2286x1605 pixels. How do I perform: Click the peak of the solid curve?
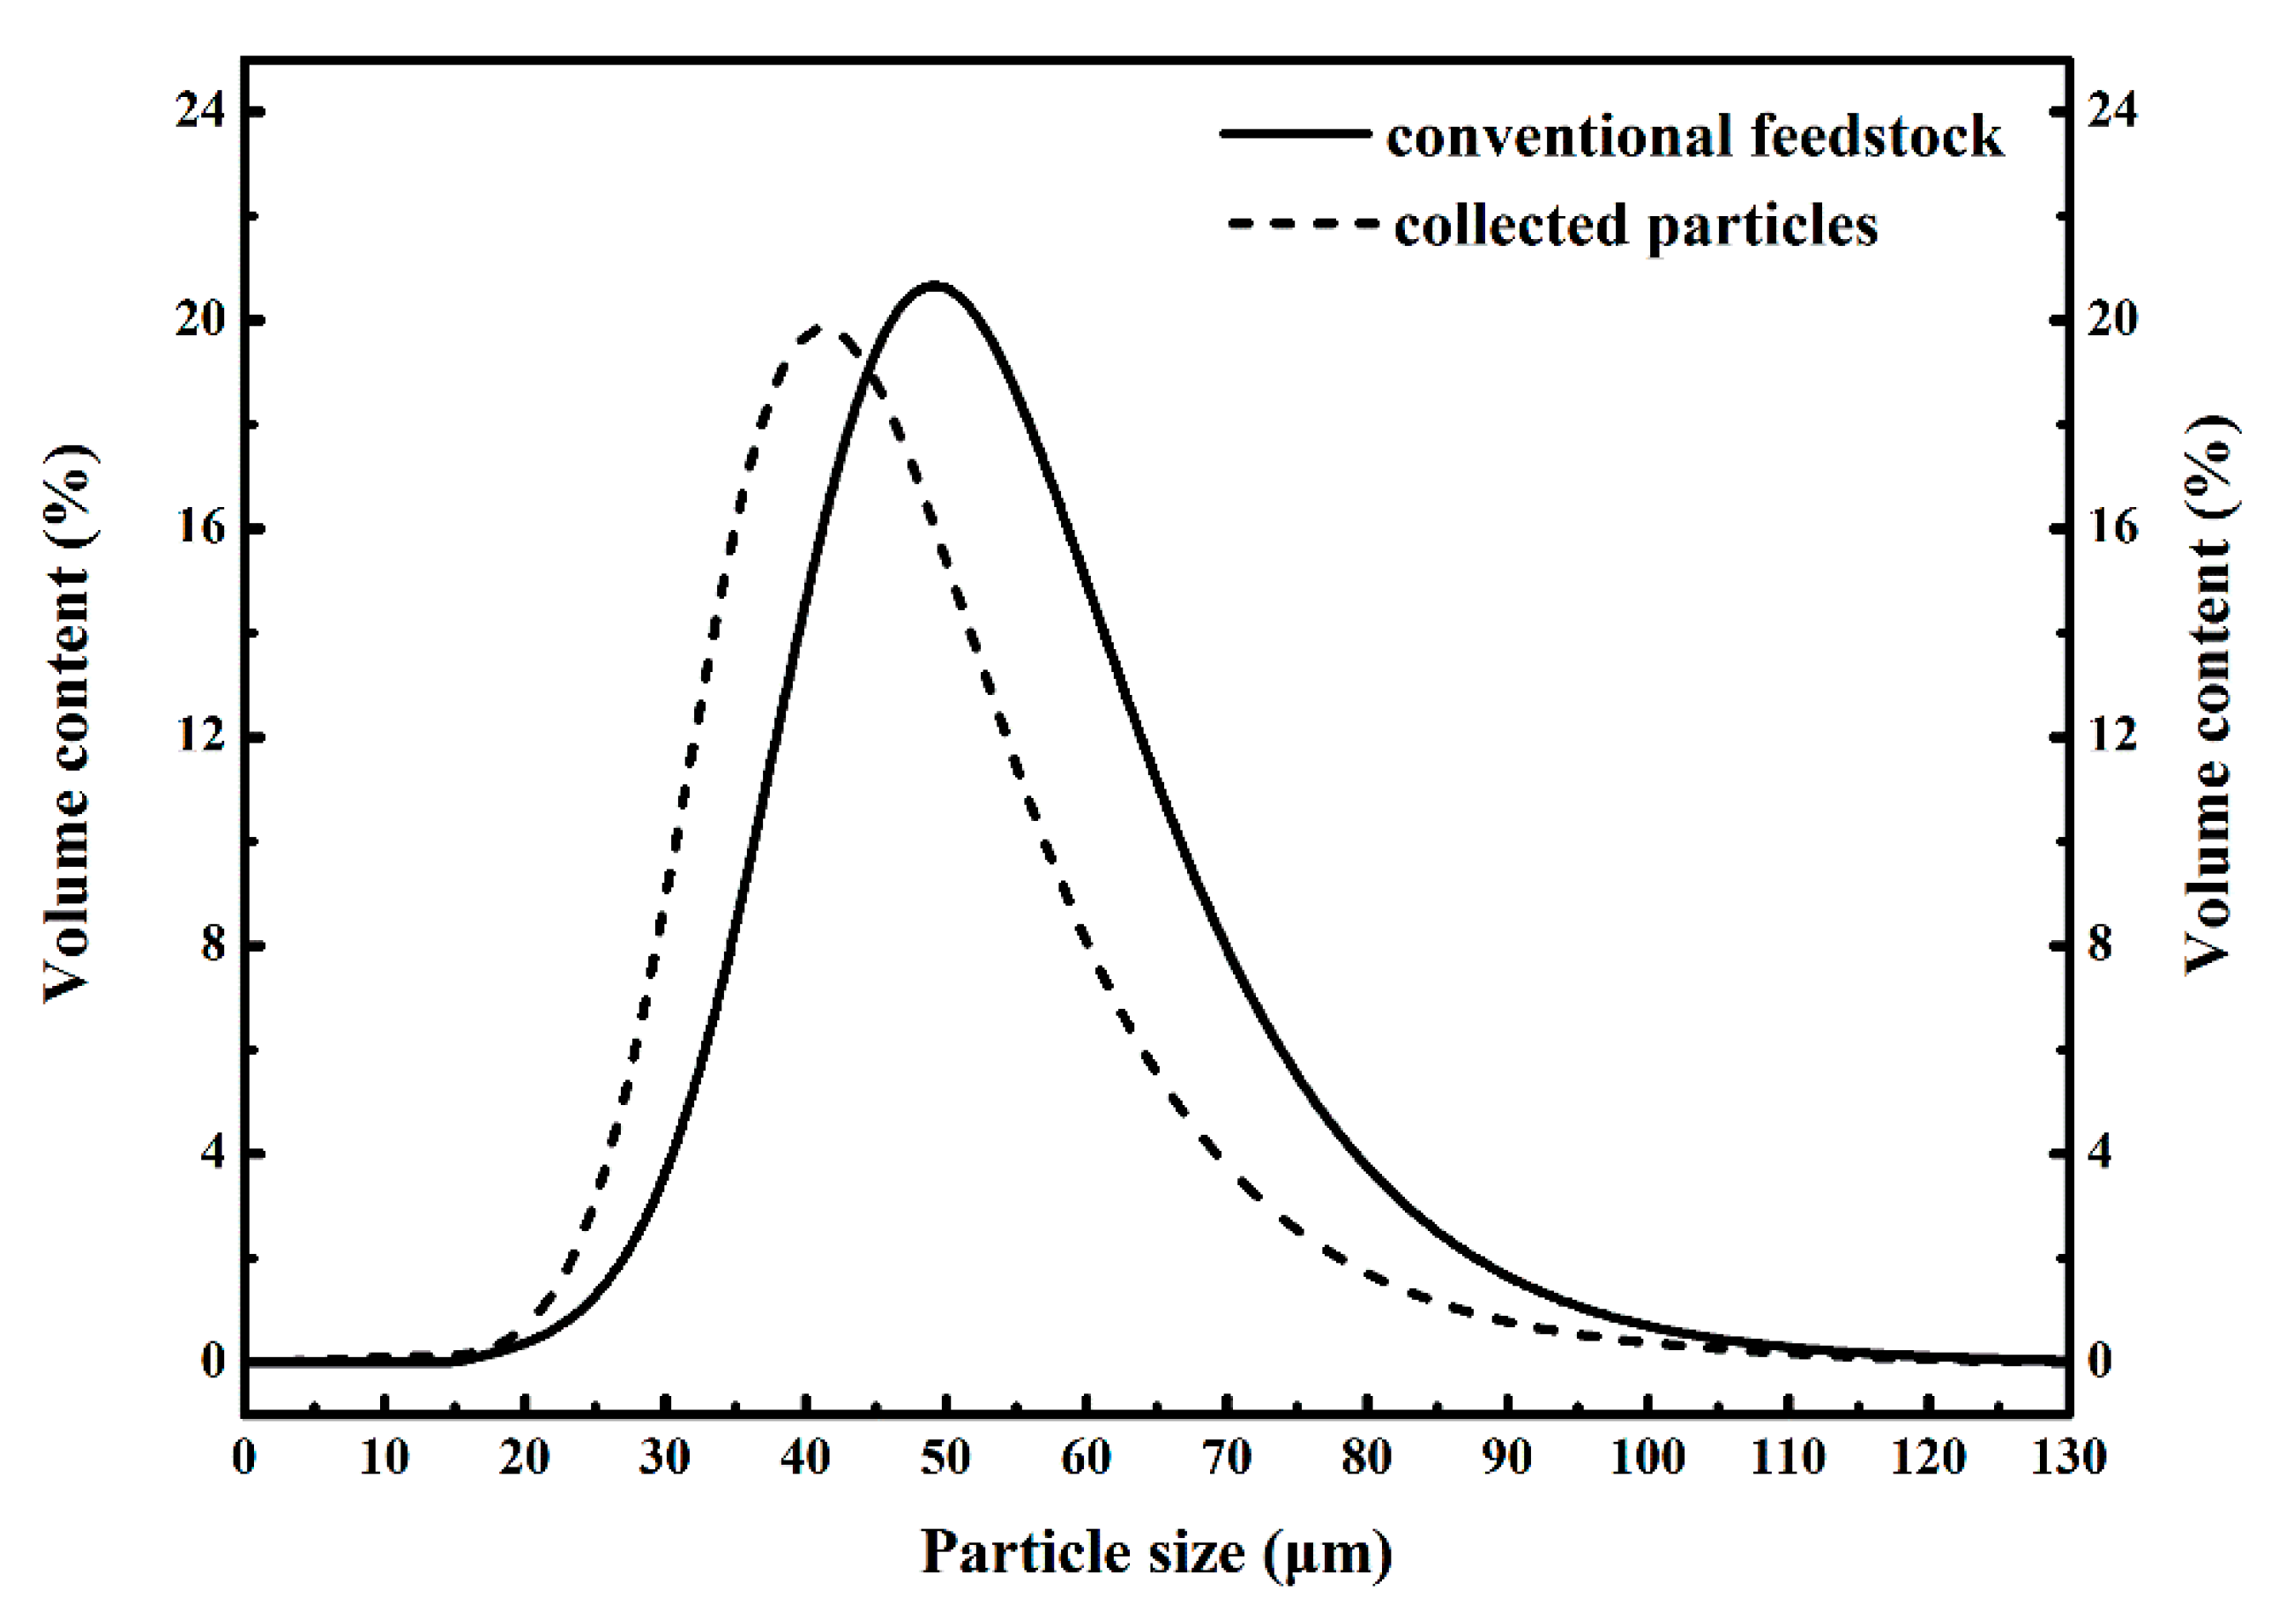934,287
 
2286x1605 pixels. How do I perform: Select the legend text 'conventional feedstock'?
1693,137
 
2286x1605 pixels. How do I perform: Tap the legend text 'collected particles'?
1636,225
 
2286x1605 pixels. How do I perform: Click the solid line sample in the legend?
1296,133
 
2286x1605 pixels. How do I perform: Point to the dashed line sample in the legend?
1303,223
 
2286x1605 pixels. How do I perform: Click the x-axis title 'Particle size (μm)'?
1156,1551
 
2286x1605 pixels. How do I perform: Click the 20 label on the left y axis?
199,321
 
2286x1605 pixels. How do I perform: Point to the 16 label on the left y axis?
199,529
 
